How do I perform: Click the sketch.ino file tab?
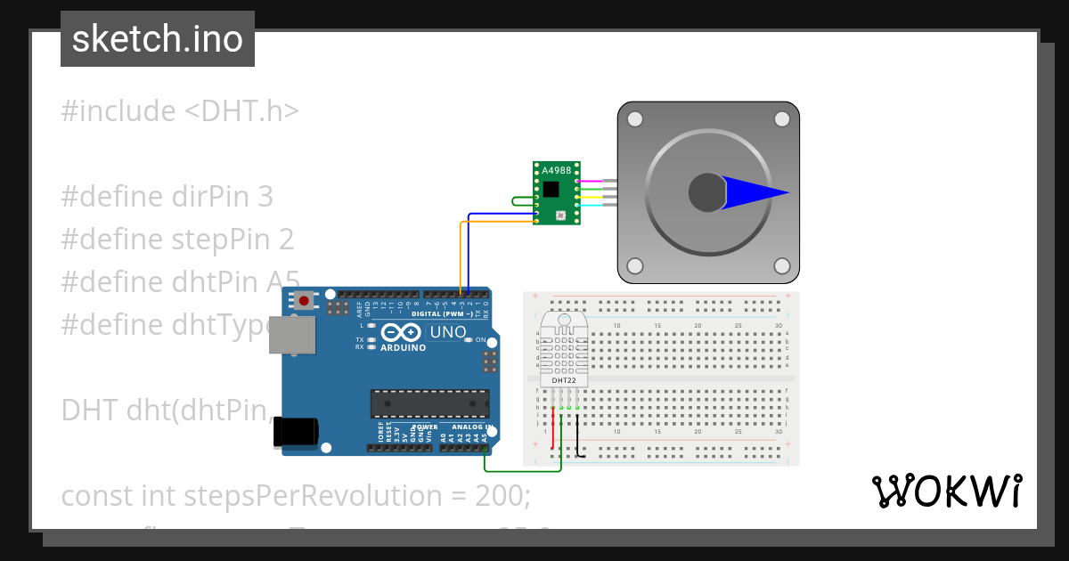pyautogui.click(x=158, y=39)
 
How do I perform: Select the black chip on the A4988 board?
pyautogui.click(x=552, y=188)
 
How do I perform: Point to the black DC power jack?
pyautogui.click(x=295, y=431)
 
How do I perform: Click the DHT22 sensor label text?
pyautogui.click(x=564, y=380)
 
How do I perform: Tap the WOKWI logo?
pyautogui.click(x=947, y=491)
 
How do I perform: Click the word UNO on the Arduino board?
pyautogui.click(x=448, y=332)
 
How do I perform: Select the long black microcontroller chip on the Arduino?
pyautogui.click(x=429, y=402)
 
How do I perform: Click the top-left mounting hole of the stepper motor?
pyautogui.click(x=634, y=118)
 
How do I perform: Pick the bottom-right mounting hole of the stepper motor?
pyautogui.click(x=781, y=265)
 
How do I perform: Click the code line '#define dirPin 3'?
pyautogui.click(x=167, y=196)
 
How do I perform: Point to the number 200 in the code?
pyautogui.click(x=501, y=495)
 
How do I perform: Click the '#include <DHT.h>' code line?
pyautogui.click(x=180, y=111)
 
